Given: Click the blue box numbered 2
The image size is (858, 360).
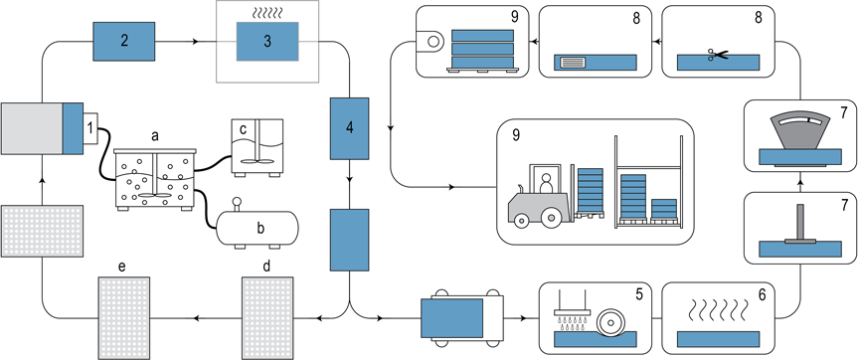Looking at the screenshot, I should pos(125,42).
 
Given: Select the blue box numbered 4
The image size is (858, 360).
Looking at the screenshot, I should pos(349,127).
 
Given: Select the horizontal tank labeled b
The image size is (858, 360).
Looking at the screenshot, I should pos(253,228).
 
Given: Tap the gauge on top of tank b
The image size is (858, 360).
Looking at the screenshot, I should pos(237,205).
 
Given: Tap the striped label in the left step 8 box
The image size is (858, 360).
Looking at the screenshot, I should pos(575,62).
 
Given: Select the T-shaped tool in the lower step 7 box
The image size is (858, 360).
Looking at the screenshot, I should pos(799,224).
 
